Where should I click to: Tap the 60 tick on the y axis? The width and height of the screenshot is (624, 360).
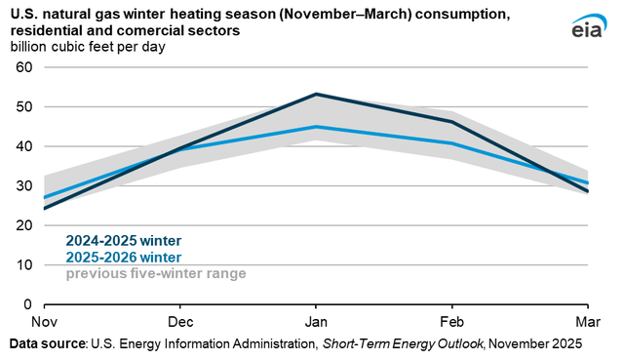(24, 67)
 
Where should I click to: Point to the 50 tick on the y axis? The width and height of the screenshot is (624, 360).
(24, 106)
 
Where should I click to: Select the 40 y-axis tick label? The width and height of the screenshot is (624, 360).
(24, 146)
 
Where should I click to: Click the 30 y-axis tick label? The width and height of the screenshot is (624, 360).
(24, 185)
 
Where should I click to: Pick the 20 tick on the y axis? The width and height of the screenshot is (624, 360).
(24, 225)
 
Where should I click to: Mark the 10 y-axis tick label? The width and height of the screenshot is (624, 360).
(24, 264)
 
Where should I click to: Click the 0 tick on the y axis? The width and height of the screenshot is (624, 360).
(28, 304)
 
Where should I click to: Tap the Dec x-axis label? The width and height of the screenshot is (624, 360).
(178, 321)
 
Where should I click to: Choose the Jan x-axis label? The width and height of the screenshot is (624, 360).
(314, 321)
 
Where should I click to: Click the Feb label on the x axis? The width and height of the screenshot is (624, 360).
(450, 321)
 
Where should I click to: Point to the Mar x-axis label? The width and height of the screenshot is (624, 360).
(584, 321)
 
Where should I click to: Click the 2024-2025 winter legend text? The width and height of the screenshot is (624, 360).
(124, 241)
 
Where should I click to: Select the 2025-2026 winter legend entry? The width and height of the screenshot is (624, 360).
(124, 258)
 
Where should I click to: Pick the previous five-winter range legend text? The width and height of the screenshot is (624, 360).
(155, 273)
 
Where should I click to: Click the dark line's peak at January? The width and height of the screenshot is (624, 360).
(315, 95)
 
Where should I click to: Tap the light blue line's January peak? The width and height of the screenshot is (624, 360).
(315, 127)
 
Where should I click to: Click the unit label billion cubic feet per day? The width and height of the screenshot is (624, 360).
(88, 46)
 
